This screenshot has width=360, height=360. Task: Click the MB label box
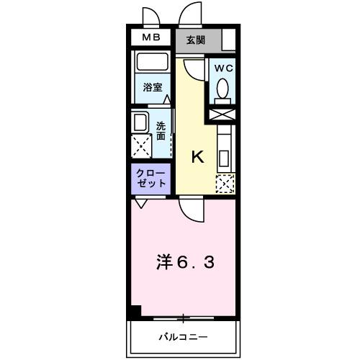coord(151,37)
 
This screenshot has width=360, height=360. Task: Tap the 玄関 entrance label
coord(194,39)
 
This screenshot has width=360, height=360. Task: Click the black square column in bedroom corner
coord(135,312)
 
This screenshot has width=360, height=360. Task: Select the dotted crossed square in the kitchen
coord(225,184)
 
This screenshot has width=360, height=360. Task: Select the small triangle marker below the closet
coord(140,204)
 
